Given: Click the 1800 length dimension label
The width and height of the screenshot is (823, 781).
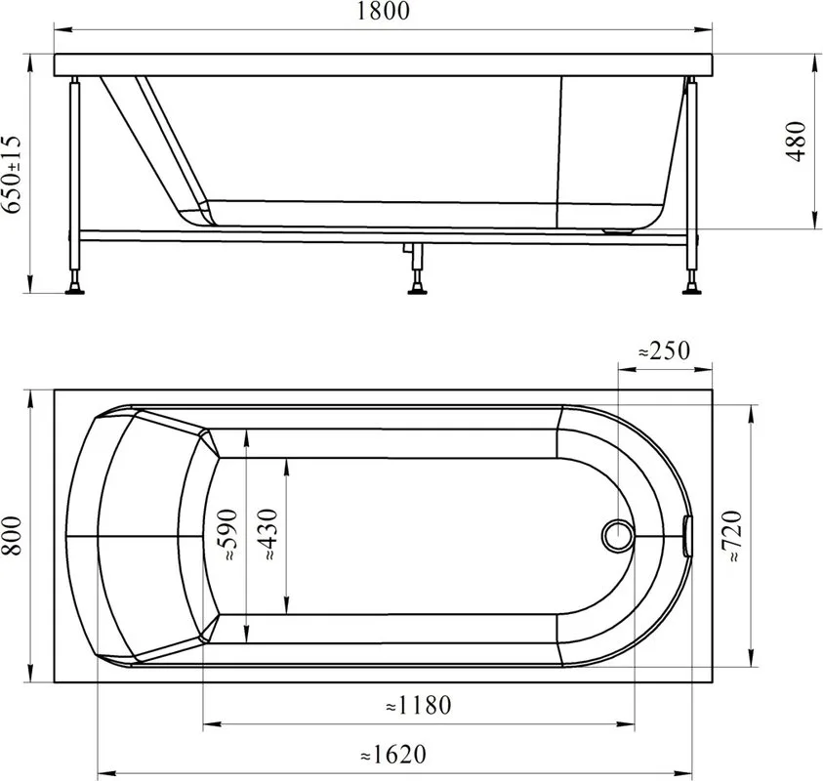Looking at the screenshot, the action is pyautogui.click(x=383, y=11).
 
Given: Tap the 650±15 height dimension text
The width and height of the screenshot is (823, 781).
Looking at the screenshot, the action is pyautogui.click(x=12, y=174).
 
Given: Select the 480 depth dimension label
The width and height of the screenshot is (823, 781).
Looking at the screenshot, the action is pyautogui.click(x=797, y=142).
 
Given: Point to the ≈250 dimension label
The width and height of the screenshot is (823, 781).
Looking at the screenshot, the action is pyautogui.click(x=664, y=350).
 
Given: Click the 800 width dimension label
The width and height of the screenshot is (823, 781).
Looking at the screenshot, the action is pyautogui.click(x=12, y=536).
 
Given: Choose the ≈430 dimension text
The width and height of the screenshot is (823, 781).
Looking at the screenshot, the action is pyautogui.click(x=268, y=535).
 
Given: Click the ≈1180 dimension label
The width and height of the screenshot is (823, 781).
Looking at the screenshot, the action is pyautogui.click(x=418, y=705).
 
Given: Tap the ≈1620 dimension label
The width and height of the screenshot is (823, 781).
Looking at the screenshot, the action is pyautogui.click(x=393, y=755).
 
